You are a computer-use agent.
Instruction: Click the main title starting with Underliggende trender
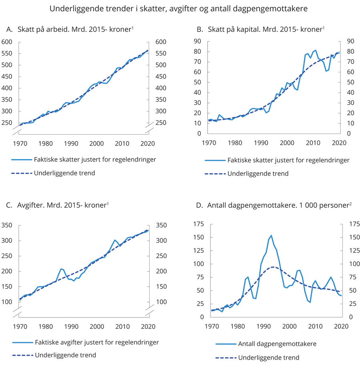pyautogui.click(x=180, y=8)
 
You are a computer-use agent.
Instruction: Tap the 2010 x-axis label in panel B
pyautogui.click(x=313, y=143)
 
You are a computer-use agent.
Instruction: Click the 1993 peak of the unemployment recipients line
pyautogui.click(x=271, y=235)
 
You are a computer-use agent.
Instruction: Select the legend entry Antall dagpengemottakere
pyautogui.click(x=272, y=344)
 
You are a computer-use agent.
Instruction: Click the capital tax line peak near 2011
pyautogui.click(x=316, y=50)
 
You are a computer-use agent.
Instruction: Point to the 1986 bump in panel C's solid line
pyautogui.click(x=61, y=269)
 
